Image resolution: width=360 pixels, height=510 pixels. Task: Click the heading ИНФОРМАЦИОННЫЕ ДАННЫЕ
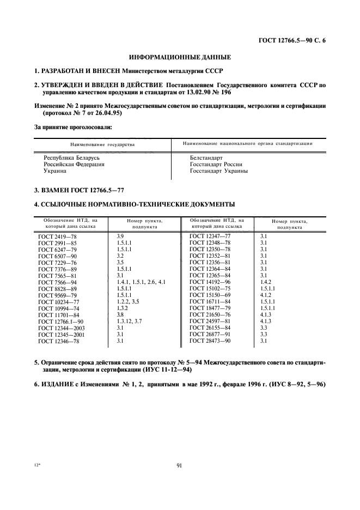180,57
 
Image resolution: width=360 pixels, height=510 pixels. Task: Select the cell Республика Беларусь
69,157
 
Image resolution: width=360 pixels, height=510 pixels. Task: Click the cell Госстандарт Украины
218,171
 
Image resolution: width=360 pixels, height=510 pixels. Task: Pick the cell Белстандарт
206,157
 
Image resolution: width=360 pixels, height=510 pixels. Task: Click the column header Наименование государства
102,144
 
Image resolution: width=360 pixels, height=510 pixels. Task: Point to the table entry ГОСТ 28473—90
210,341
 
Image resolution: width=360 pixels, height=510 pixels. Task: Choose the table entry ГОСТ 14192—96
210,282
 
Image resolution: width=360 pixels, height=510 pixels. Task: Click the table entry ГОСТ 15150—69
210,295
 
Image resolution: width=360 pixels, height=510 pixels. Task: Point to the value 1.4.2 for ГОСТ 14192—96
266,282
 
